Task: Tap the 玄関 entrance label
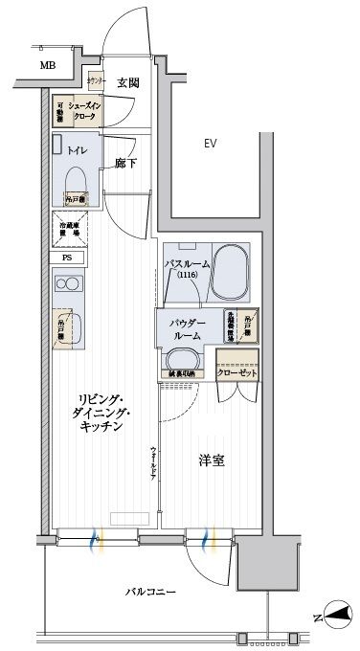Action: click(x=129, y=83)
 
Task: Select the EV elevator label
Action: click(x=210, y=145)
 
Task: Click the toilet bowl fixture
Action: click(x=77, y=177)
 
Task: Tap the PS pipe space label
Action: click(x=67, y=258)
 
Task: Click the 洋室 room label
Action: click(x=212, y=460)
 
